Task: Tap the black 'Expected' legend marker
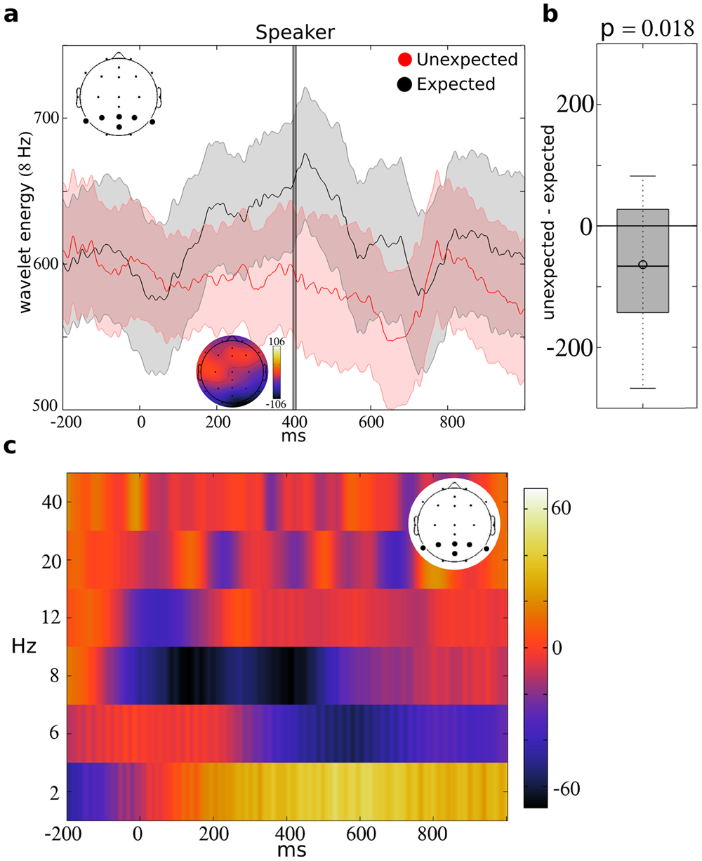tap(406, 85)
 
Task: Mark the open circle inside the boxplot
tap(643, 265)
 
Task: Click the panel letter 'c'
tap(10, 446)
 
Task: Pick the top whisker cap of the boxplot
tap(643, 176)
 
